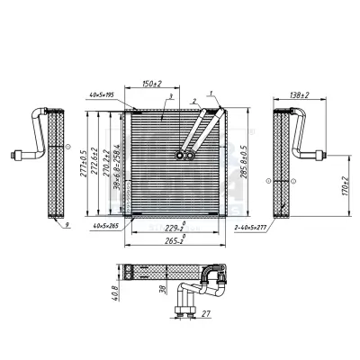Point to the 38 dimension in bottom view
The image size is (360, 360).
161,291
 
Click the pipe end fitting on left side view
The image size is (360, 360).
14,155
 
